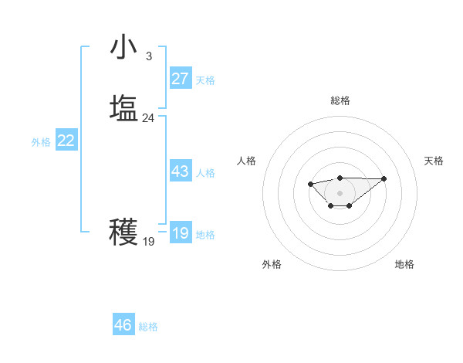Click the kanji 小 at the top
[123, 47]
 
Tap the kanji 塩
[123, 108]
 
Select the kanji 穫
[123, 232]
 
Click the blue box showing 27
[181, 79]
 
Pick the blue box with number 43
[181, 171]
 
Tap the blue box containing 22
[66, 141]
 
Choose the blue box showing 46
[123, 325]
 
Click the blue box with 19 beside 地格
[181, 233]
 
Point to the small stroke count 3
[148, 56]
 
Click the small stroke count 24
[148, 118]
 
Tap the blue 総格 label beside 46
[148, 327]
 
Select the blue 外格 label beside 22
[41, 142]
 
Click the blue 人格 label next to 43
[205, 173]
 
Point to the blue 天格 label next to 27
[205, 80]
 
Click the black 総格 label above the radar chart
[340, 100]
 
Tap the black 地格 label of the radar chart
[404, 264]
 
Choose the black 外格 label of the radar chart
[272, 264]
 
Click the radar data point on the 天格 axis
[384, 178]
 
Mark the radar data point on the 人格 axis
[310, 184]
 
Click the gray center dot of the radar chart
[340, 193]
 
